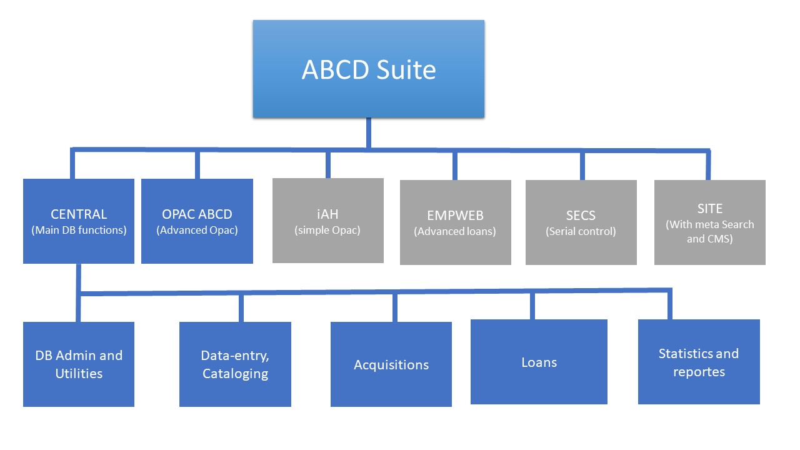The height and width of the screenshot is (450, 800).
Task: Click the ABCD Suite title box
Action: coord(368,69)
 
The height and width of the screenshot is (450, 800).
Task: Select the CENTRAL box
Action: coord(79,221)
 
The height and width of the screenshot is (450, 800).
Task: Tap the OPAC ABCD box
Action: coord(197,221)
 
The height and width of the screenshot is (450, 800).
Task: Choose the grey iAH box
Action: coord(327,220)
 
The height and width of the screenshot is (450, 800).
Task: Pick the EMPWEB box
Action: coord(455,222)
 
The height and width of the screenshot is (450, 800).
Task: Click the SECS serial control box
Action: coord(581,222)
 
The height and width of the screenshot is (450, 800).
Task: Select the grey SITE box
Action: coord(709,222)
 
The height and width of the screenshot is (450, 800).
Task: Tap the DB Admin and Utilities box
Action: coord(79,364)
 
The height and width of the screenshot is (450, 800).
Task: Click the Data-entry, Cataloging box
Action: coord(235,364)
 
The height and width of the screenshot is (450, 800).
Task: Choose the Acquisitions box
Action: coord(391,364)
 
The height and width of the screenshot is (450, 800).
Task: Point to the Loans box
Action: coord(539,362)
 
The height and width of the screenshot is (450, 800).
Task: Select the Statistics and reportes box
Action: coord(698,362)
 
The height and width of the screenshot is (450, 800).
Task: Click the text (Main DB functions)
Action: coord(79,230)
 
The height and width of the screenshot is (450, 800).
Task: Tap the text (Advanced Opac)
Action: coord(197,230)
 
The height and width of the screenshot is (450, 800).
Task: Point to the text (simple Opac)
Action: coord(327,230)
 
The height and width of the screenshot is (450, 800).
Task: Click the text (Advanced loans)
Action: coord(454,231)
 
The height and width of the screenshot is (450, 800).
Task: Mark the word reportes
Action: coord(699,372)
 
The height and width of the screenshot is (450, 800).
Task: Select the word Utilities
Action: coord(79,374)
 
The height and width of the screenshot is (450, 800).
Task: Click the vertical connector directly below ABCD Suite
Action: coord(368,132)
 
